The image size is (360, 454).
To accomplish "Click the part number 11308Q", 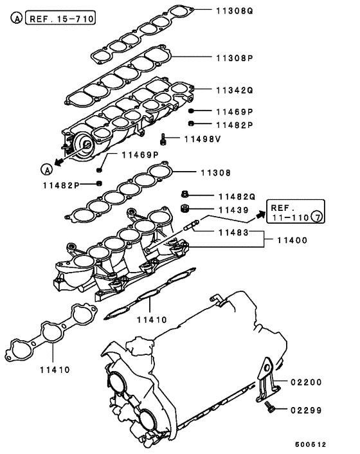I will tap(234, 10).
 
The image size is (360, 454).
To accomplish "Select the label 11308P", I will tap(234, 57).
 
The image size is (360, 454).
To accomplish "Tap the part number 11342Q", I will tap(234, 90).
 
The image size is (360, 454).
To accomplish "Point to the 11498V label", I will tap(203, 138).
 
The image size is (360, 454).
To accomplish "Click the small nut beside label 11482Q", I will tap(184, 194).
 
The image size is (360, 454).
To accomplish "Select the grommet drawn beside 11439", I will tap(184, 208).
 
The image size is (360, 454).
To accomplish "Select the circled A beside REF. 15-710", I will tap(16, 19).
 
